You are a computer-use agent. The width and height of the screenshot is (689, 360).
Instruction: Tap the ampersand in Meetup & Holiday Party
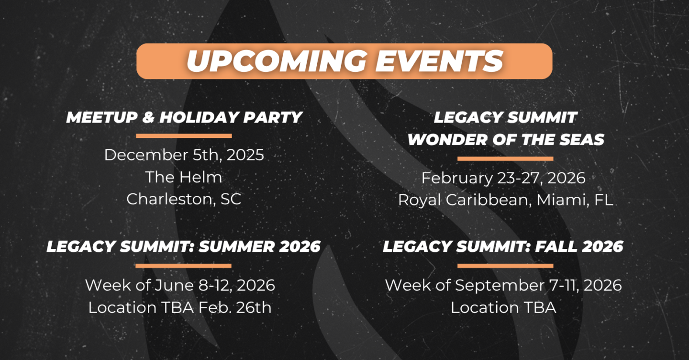pos(148,117)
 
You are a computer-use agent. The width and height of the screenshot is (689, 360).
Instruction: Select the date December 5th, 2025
pos(184,155)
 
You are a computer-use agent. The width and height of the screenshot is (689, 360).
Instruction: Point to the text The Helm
pos(184,177)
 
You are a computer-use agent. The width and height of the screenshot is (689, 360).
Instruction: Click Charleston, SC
pos(184,199)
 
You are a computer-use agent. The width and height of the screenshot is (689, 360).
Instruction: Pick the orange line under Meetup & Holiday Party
pos(184,135)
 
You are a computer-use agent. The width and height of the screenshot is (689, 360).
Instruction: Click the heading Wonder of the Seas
pos(506,140)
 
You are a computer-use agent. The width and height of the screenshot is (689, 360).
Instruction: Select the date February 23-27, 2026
pos(503,178)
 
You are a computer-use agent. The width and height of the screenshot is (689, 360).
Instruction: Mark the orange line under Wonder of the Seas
pos(505,159)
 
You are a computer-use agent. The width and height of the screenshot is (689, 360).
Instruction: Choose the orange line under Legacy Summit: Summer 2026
pos(183,266)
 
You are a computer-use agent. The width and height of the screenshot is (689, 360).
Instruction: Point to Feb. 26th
pos(235,308)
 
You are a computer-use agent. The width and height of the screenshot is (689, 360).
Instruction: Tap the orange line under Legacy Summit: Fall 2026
pos(505,266)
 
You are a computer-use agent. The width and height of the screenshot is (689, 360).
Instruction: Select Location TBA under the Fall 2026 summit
pos(503,308)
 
